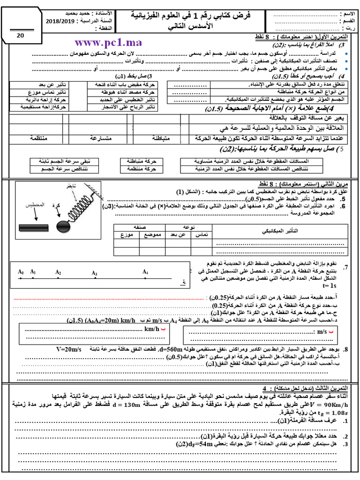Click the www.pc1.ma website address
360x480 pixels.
point(108,43)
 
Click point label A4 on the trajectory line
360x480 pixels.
point(145,272)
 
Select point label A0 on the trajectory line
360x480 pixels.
point(21,271)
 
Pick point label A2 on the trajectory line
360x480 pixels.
point(58,272)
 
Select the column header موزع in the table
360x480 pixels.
point(127,234)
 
